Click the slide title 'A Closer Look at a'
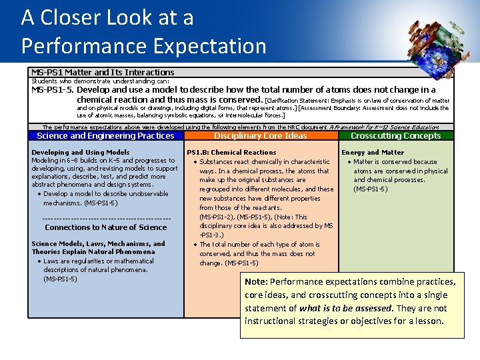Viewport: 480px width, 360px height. pyautogui.click(x=107, y=17)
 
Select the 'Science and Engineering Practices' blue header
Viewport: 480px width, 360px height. pyautogui.click(x=105, y=136)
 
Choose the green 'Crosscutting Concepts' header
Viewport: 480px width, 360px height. pyautogui.click(x=395, y=136)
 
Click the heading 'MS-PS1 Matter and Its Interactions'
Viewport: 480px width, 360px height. pyautogui.click(x=103, y=72)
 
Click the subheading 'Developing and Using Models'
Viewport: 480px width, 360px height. pyautogui.click(x=81, y=153)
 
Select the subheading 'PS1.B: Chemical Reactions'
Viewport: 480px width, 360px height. pyautogui.click(x=231, y=153)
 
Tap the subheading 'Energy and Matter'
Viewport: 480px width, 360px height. pyautogui.click(x=373, y=153)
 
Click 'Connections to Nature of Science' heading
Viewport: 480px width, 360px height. pyautogui.click(x=105, y=228)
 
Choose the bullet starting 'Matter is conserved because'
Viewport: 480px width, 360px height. pyautogui.click(x=395, y=162)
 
